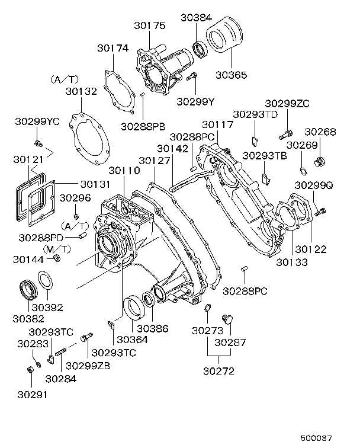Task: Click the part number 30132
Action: (81, 92)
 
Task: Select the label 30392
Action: (47, 308)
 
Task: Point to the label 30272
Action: (219, 372)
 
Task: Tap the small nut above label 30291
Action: (30, 370)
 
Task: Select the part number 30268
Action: (320, 132)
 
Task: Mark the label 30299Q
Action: (314, 185)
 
